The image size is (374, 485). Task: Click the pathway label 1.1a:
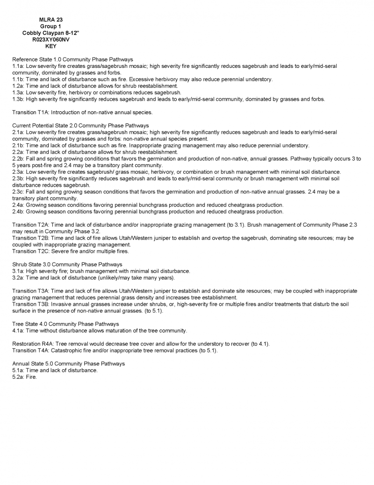(18, 66)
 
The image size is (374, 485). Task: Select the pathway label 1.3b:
(18, 99)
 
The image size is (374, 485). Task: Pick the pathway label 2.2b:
(18, 159)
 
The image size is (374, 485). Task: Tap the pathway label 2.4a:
(18, 205)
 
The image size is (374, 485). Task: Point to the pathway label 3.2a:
(18, 278)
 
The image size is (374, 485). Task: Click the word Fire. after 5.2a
(31, 377)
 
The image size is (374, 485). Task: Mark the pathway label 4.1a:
(18, 331)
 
